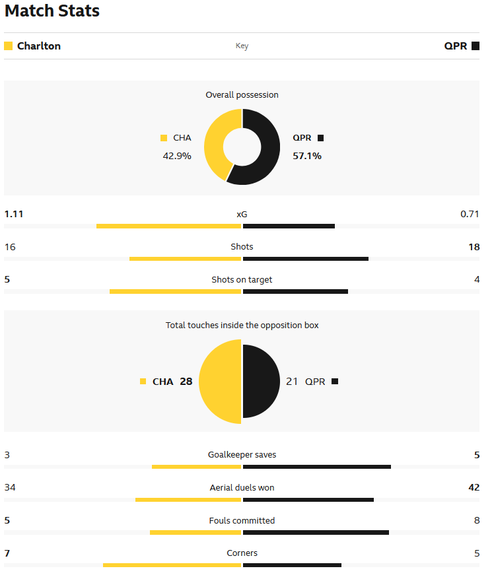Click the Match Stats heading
coord(52,11)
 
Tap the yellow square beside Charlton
coord(9,46)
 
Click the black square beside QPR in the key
coord(476,46)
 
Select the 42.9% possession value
coord(177,156)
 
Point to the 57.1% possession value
coord(307,156)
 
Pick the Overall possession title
coord(242,95)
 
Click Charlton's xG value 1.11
coord(14,214)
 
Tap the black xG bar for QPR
coord(289,226)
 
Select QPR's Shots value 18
coord(474,247)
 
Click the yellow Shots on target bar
coord(175,291)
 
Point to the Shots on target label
coord(242,280)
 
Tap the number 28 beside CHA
coord(186,382)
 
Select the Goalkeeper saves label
coord(242,455)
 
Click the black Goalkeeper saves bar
coord(317,467)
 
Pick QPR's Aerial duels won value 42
coord(474,488)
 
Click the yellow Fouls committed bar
coord(195,532)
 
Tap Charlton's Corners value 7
coord(7,553)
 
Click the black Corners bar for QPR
coord(292,565)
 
